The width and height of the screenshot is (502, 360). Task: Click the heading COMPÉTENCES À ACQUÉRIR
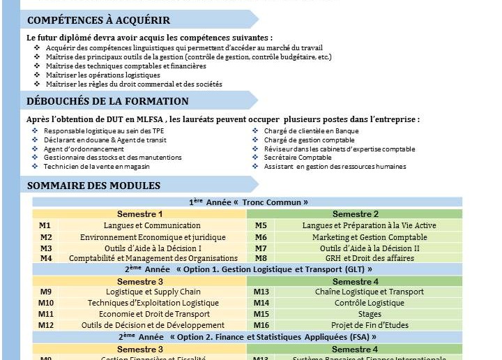(x=98, y=20)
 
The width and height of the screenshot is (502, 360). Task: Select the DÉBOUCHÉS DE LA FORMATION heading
(x=107, y=102)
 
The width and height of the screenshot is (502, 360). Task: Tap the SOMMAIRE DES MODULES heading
(x=93, y=186)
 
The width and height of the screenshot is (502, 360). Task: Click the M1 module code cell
(x=45, y=226)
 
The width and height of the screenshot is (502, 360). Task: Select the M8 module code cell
(x=261, y=258)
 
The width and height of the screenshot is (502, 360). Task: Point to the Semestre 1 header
(x=139, y=214)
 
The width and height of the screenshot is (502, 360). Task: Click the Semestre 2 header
(x=356, y=214)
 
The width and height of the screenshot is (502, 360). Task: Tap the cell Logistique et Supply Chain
(x=153, y=292)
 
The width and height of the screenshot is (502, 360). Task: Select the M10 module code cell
(x=46, y=303)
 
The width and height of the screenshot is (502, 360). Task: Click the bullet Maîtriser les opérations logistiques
(x=102, y=75)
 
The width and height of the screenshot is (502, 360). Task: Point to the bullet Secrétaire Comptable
(x=298, y=158)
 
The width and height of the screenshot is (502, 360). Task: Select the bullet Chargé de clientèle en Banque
(x=311, y=131)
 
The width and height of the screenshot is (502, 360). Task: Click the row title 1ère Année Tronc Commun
(x=248, y=202)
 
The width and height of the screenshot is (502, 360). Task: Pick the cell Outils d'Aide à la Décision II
(x=370, y=248)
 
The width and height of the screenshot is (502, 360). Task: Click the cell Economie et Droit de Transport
(x=153, y=314)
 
